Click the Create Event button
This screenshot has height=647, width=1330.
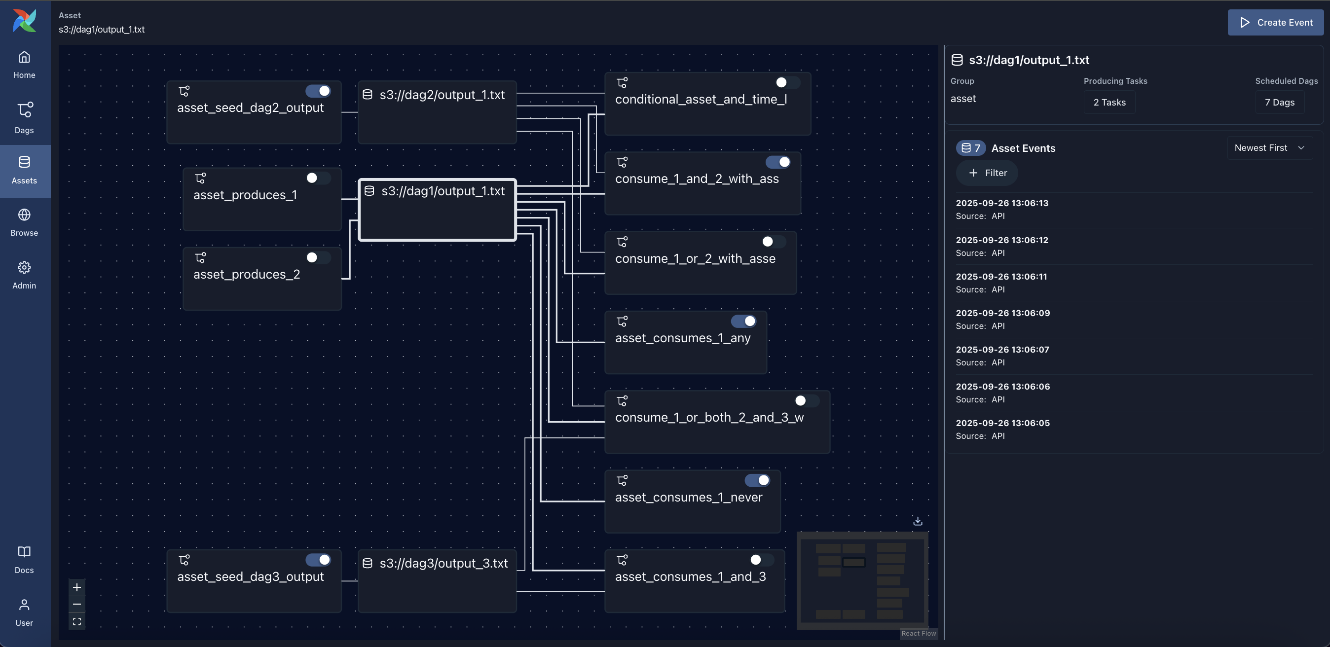pos(1275,22)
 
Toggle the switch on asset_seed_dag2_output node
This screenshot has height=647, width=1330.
pos(318,91)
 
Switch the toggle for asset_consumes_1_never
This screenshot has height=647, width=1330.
pos(757,480)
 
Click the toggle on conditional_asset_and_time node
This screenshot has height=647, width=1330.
pos(787,82)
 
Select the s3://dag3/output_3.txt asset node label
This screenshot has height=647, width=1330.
pos(443,564)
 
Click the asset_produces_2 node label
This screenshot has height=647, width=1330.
pos(246,275)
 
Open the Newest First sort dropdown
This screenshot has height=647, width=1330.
pos(1269,148)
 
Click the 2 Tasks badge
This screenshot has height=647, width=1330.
pos(1109,102)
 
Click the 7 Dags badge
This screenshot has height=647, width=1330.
pos(1279,102)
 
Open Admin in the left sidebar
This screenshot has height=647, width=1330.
pos(24,275)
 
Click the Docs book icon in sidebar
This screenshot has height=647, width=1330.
pos(24,551)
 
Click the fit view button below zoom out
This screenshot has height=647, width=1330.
pos(77,622)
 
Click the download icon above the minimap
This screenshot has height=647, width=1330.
pos(918,521)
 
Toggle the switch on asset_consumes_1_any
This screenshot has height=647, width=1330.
pos(743,322)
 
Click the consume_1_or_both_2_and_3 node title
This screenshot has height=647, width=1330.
pos(709,417)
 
